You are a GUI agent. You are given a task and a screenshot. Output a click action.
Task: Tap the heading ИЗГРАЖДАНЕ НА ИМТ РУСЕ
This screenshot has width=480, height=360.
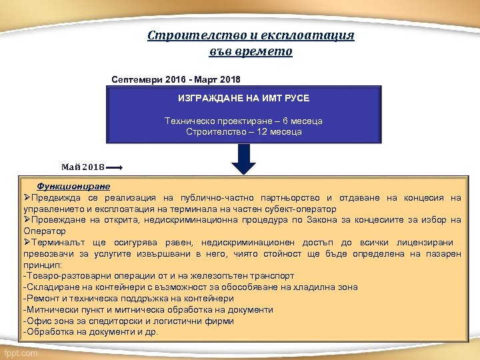tap(243, 98)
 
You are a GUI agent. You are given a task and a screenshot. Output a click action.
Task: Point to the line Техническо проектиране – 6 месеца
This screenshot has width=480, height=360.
tap(243, 121)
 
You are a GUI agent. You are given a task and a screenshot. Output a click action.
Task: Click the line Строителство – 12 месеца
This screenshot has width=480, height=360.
tap(243, 132)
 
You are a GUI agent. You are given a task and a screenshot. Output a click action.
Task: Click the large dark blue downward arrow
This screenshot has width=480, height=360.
tap(245, 159)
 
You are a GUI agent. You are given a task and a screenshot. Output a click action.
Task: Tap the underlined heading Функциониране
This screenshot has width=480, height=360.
tap(73, 187)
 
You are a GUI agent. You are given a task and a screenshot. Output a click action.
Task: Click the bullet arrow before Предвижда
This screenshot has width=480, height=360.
tap(27, 198)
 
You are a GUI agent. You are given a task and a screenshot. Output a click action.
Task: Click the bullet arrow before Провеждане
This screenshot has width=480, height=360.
tap(27, 220)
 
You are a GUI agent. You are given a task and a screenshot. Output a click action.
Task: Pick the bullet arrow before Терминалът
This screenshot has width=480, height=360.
tap(27, 243)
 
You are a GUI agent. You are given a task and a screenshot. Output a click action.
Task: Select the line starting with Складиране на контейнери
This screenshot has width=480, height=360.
tap(190, 287)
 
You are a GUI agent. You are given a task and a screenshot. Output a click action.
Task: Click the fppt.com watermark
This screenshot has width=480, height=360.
tap(21, 353)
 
